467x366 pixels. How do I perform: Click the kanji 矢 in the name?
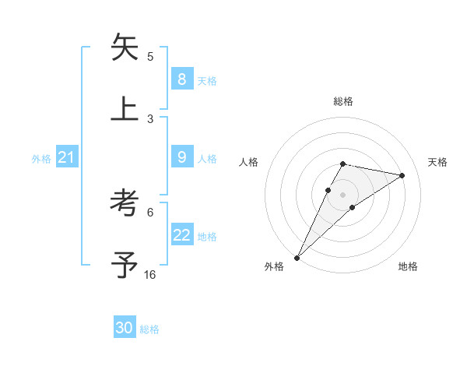125,48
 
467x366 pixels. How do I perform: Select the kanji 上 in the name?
125,107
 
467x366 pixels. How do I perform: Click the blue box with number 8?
181,79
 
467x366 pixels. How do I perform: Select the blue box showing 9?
181,157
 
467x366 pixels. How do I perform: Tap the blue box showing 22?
181,235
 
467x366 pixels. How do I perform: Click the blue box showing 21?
66,158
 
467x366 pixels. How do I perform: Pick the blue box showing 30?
125,329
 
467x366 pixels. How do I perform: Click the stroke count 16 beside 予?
149,275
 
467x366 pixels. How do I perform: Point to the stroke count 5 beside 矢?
150,56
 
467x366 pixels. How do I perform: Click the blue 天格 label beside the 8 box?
207,81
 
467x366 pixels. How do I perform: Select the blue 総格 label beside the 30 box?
149,330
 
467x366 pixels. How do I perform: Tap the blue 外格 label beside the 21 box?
41,159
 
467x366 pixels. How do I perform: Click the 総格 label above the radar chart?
342,101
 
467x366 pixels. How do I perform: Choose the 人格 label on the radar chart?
249,162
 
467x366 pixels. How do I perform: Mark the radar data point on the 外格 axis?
297,257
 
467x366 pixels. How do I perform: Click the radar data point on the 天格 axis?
402,175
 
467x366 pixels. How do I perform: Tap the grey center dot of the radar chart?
342,194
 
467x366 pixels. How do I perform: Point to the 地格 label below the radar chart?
408,267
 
